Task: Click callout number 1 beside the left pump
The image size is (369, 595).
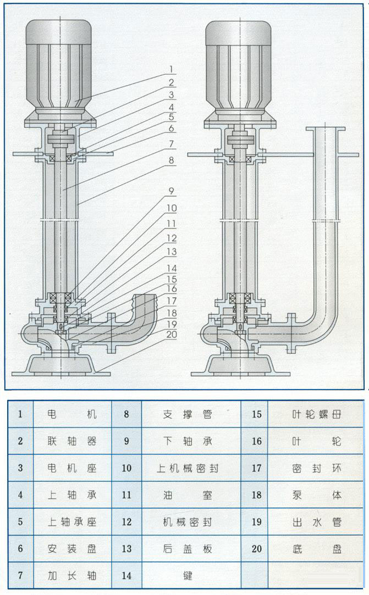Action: pyautogui.click(x=171, y=70)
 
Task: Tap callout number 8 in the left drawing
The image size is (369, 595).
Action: pyautogui.click(x=171, y=161)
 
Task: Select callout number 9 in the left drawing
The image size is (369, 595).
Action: pyautogui.click(x=171, y=192)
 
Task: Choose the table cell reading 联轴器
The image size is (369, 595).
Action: pyautogui.click(x=72, y=441)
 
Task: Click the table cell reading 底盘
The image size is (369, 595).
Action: pyautogui.click(x=317, y=548)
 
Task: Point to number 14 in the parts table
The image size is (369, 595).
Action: pyautogui.click(x=126, y=575)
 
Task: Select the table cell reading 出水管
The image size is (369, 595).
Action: pyautogui.click(x=317, y=522)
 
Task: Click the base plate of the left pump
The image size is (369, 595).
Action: pyautogui.click(x=60, y=365)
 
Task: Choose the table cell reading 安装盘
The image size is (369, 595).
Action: pyautogui.click(x=72, y=548)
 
